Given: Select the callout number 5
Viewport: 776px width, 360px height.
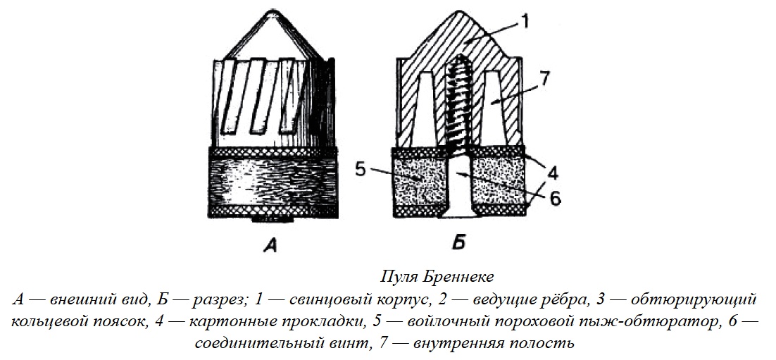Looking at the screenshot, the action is pyautogui.click(x=361, y=170).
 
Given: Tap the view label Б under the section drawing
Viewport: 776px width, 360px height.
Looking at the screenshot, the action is pyautogui.click(x=459, y=244).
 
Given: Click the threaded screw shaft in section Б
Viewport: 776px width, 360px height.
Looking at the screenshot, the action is pyautogui.click(x=458, y=106).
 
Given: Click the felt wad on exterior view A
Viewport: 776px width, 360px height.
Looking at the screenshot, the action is pyautogui.click(x=273, y=180).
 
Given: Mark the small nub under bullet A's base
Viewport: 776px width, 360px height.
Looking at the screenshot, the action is pyautogui.click(x=273, y=218).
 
